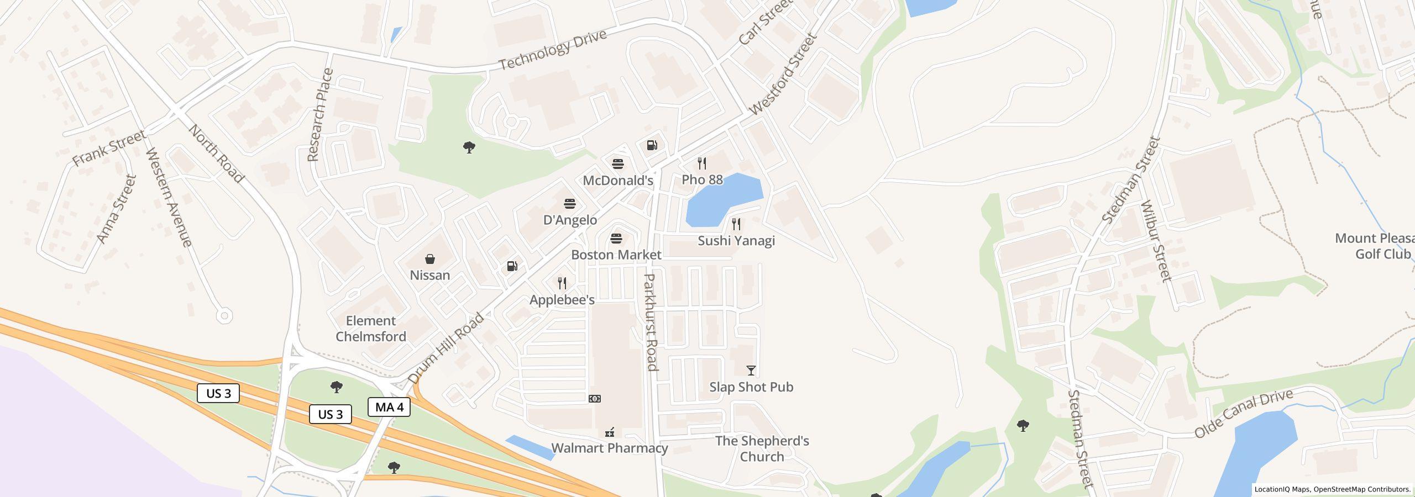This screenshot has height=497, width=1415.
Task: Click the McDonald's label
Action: (x=618, y=181)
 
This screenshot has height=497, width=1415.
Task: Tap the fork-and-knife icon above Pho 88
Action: (x=702, y=163)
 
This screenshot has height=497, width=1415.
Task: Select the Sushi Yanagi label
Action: (x=736, y=241)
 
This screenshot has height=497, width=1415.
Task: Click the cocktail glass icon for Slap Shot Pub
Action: (x=751, y=371)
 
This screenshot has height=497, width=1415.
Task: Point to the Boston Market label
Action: (x=616, y=255)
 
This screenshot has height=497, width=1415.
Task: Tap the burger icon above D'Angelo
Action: (x=570, y=204)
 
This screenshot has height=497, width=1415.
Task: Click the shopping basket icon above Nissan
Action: (x=429, y=259)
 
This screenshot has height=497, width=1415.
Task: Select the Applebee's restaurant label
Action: (x=562, y=300)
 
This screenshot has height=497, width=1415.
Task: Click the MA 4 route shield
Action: (x=389, y=408)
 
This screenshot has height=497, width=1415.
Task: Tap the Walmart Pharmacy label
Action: (x=610, y=448)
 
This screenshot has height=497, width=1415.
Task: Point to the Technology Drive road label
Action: (x=553, y=50)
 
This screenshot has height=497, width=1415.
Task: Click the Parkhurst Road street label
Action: (x=651, y=322)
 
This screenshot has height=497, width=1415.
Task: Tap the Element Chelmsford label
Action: (x=371, y=329)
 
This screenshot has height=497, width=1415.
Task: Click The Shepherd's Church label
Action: (x=762, y=448)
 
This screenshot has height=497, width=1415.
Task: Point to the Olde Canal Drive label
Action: (x=1244, y=413)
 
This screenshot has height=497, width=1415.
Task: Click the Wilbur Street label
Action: (x=1156, y=241)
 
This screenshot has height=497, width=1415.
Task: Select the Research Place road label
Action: (x=321, y=115)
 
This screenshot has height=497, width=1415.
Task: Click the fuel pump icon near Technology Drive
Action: (x=652, y=145)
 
